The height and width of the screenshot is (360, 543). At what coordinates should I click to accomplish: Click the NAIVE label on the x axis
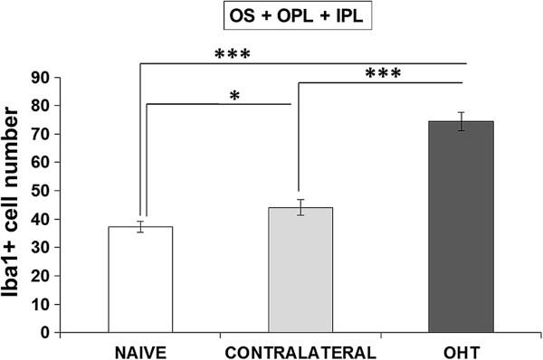(x=140, y=348)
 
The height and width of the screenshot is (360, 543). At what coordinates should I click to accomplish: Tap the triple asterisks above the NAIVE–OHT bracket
(x=232, y=53)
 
